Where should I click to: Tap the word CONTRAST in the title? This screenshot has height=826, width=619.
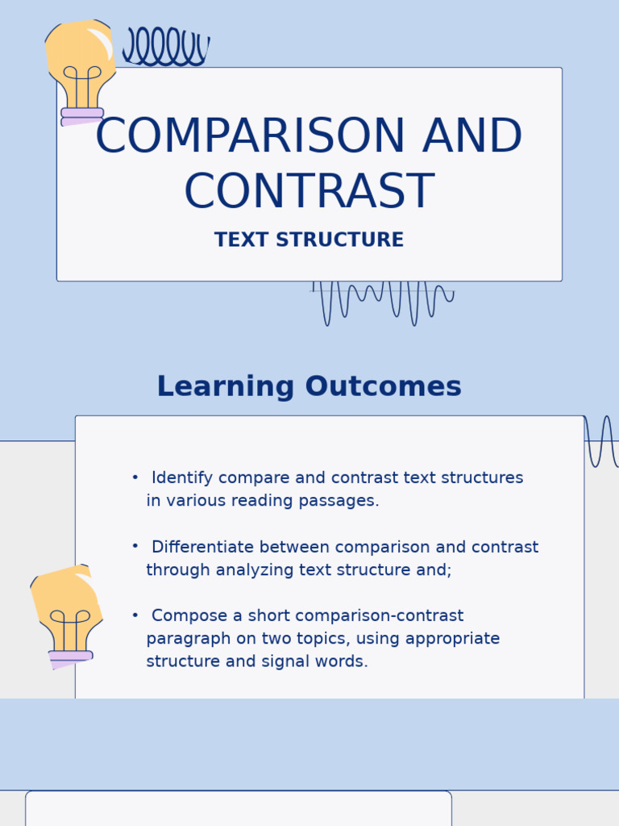point(309,192)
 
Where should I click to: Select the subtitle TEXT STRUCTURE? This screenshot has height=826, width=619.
point(309,240)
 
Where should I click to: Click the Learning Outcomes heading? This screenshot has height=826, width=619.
point(309,387)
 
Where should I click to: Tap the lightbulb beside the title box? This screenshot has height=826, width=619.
point(81,73)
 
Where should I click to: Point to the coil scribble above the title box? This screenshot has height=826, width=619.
point(165,47)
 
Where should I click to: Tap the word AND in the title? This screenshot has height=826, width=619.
point(472,137)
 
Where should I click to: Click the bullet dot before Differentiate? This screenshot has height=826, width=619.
point(135,546)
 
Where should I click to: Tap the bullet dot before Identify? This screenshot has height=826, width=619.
point(135,478)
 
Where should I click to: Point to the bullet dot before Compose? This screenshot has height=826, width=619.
point(135,615)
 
